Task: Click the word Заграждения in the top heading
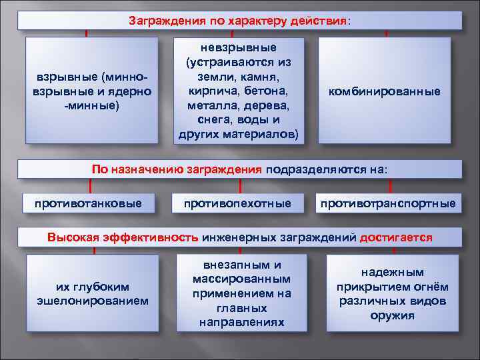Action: point(161,21)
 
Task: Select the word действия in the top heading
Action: point(319,21)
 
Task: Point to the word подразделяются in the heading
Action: point(307,169)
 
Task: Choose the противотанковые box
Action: point(88,203)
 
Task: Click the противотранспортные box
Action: point(388,203)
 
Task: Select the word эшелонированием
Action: point(93,301)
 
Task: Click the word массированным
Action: point(241,279)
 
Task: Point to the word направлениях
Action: point(241,323)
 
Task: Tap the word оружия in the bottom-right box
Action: point(392,315)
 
